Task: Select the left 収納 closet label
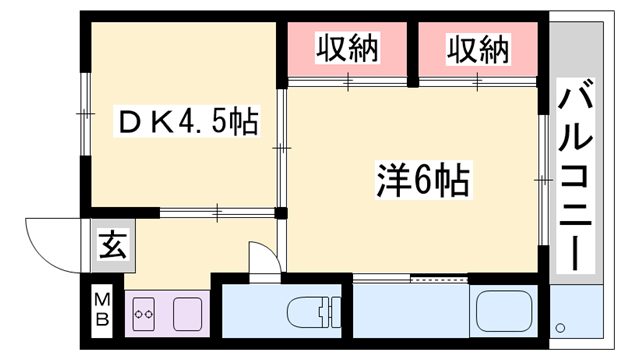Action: [x=349, y=49]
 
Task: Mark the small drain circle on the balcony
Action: [x=561, y=326]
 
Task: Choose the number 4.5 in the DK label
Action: [x=201, y=123]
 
